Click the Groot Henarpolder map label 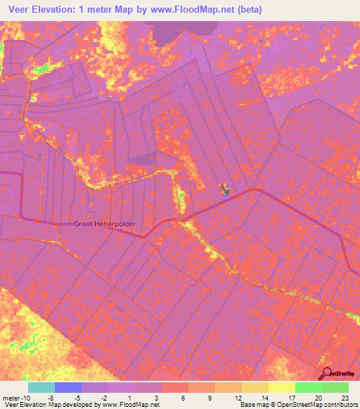105,224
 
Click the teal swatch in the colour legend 41,387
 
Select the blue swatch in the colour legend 67,387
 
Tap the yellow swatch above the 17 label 282,387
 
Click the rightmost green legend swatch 335,387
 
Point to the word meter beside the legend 11,398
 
